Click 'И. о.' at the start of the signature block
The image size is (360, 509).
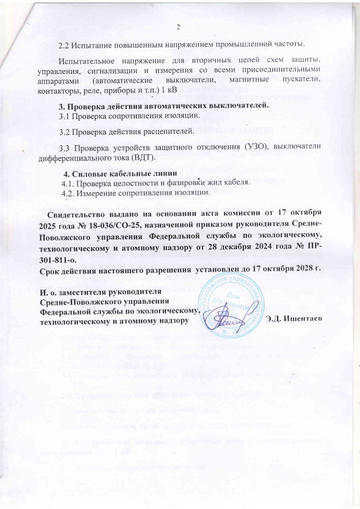coord(48,292)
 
